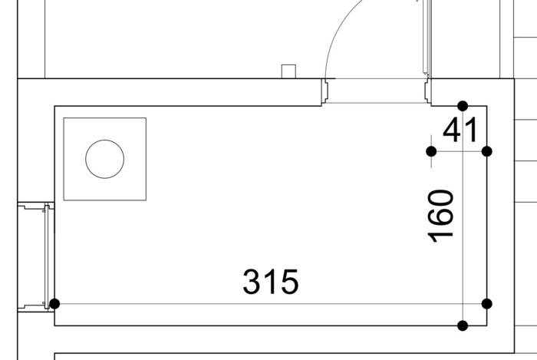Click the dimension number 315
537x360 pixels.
click(271, 282)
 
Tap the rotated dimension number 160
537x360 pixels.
click(441, 216)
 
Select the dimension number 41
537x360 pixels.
click(460, 130)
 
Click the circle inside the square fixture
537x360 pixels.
click(105, 140)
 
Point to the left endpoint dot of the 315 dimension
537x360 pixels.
click(54, 304)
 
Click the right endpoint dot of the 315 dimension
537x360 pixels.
click(486, 304)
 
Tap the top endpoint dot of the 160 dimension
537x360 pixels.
click(463, 106)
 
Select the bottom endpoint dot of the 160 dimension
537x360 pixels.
click(463, 325)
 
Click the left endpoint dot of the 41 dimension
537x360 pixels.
click(431, 151)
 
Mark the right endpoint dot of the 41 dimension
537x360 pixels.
click(486, 151)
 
